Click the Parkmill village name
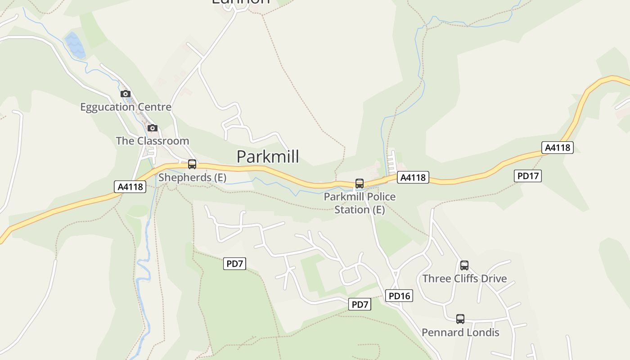pyautogui.click(x=268, y=157)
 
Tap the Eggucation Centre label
pyautogui.click(x=126, y=107)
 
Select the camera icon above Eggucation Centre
pyautogui.click(x=126, y=94)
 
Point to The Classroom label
pyautogui.click(x=152, y=141)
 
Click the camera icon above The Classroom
pyautogui.click(x=153, y=128)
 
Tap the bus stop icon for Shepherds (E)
pyautogui.click(x=192, y=164)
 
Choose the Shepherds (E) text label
pyautogui.click(x=192, y=177)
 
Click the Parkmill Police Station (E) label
pyautogui.click(x=360, y=203)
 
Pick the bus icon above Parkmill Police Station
pyautogui.click(x=360, y=184)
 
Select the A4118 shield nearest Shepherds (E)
pyautogui.click(x=130, y=187)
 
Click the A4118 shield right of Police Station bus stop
pyautogui.click(x=413, y=178)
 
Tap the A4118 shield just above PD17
pyautogui.click(x=558, y=148)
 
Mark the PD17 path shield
pyautogui.click(x=528, y=176)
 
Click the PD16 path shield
pyautogui.click(x=399, y=296)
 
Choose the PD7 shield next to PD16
pyautogui.click(x=360, y=305)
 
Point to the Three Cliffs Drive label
pyautogui.click(x=464, y=279)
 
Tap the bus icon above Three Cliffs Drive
pyautogui.click(x=464, y=265)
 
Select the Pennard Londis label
pyautogui.click(x=460, y=333)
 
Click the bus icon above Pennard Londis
pyautogui.click(x=460, y=319)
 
